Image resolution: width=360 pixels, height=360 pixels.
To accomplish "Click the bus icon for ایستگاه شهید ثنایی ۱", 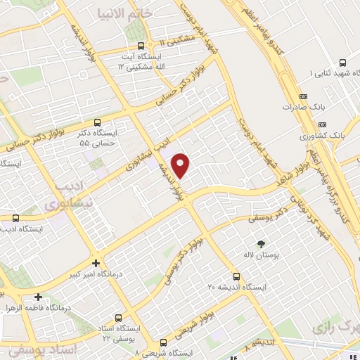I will (x=341, y=63).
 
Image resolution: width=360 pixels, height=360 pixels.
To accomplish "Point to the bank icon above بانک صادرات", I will (x=303, y=96).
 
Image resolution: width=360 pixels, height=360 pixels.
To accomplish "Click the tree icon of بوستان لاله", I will (x=262, y=243).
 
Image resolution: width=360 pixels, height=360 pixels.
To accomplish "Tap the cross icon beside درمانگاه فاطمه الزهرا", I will (x=39, y=297).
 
